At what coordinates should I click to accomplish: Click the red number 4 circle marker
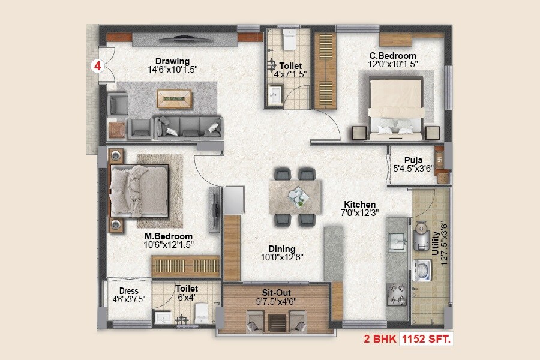96,66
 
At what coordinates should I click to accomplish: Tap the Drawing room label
172,61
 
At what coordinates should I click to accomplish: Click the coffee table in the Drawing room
174,98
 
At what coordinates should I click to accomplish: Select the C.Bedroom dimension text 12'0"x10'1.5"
393,64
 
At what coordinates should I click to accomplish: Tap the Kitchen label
359,205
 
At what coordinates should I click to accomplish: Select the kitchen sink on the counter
397,241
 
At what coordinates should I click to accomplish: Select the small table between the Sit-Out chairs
277,322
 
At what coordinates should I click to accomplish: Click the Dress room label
128,292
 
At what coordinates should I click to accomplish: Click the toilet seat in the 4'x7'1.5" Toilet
289,41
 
